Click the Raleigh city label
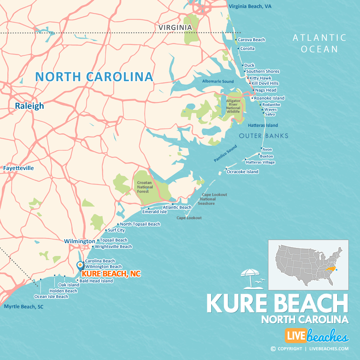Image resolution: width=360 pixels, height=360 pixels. pos(29,106)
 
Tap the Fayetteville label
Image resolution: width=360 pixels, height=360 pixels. pos(18,168)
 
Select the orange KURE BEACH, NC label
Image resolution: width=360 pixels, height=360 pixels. pos(111,274)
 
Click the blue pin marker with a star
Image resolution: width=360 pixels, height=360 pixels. pos(80,266)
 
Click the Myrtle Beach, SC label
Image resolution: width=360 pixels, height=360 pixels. pos(24,307)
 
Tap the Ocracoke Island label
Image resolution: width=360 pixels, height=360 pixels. pos(242,172)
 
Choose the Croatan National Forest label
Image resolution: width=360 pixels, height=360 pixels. pos(142,187)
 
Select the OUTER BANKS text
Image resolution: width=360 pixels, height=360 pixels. pos(264,136)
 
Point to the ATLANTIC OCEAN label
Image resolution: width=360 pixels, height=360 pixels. pos(319,43)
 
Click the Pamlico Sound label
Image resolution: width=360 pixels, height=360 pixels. pos(225,154)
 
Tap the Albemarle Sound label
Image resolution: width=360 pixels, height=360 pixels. pos(218,82)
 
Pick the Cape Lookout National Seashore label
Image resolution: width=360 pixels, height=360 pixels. pos(208,199)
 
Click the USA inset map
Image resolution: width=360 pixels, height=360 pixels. pos(308,265)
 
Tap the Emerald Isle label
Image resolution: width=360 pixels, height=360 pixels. pos(154,212)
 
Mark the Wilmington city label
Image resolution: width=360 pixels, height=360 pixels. pos(80,241)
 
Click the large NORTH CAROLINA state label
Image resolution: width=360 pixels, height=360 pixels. pos(94,77)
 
